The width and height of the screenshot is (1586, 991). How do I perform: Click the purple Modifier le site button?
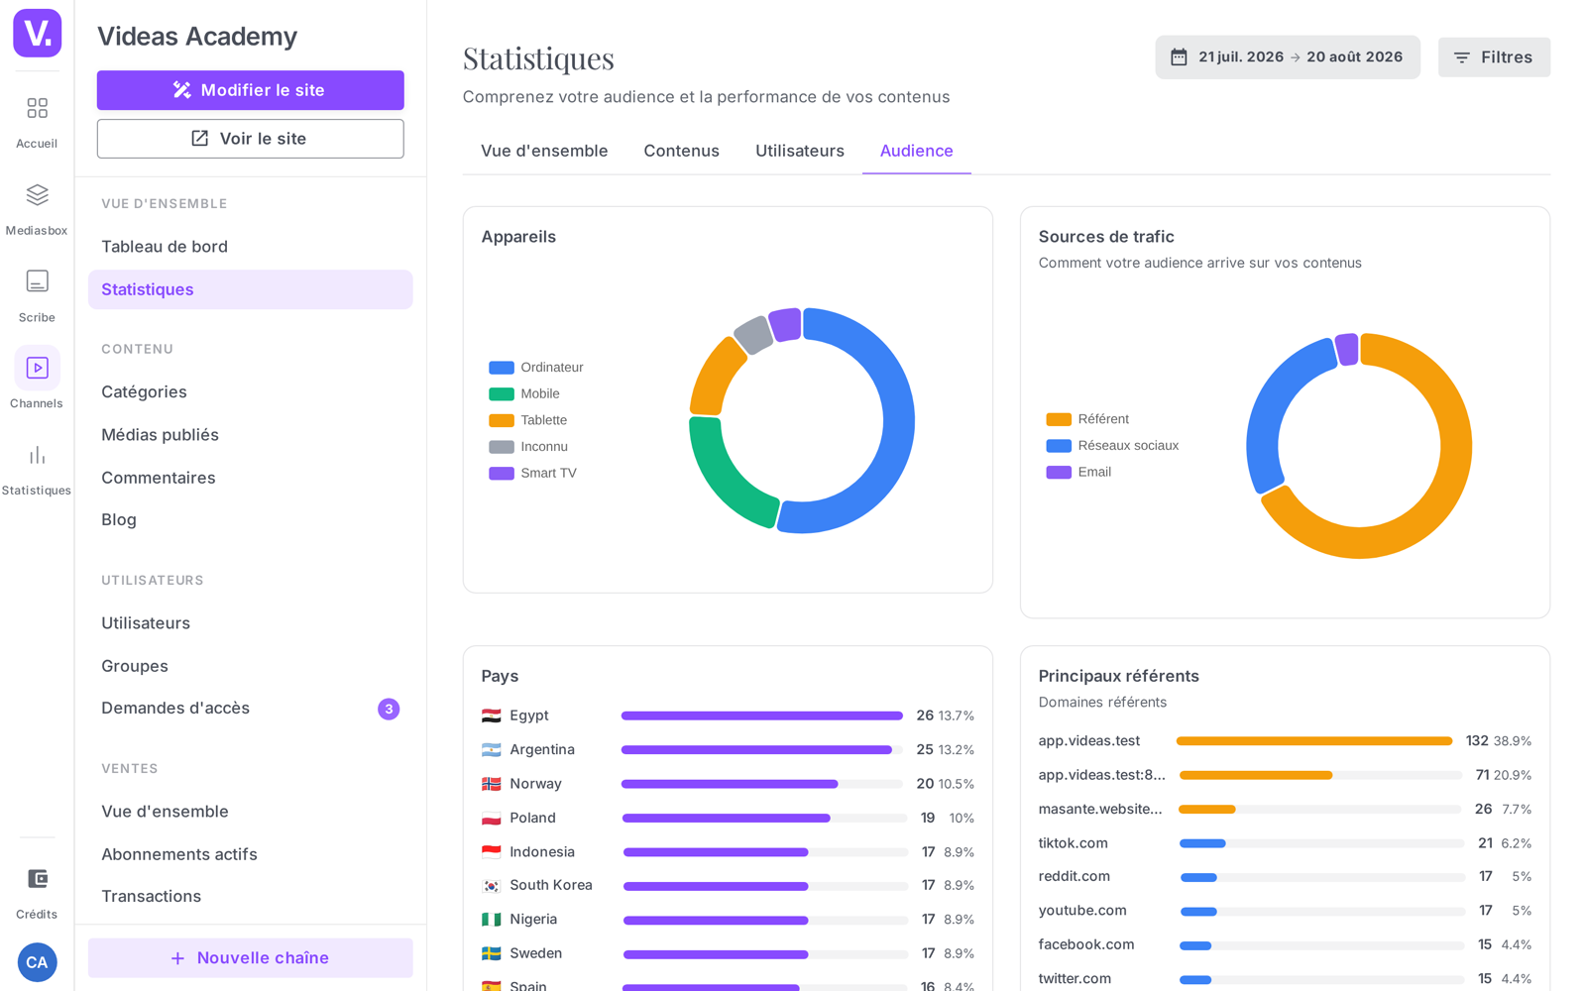point(250,90)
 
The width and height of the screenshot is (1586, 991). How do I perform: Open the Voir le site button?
point(250,138)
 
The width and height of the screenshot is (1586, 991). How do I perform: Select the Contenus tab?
point(681,151)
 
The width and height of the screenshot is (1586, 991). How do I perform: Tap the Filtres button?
point(1494,57)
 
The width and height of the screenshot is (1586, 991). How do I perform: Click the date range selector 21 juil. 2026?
point(1288,57)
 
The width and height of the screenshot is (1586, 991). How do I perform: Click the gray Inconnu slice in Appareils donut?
point(752,334)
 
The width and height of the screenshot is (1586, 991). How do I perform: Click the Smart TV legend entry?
point(532,473)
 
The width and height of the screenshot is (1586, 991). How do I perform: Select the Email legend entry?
point(1078,472)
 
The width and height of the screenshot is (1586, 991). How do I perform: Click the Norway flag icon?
point(492,784)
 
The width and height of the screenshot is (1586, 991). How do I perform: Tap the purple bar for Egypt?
point(762,716)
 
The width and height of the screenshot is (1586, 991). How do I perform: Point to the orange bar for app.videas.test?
point(1314,741)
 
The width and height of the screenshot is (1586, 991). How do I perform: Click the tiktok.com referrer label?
point(1073,843)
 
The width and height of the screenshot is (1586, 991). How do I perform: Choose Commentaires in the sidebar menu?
point(158,478)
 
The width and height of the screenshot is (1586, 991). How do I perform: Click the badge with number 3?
point(389,709)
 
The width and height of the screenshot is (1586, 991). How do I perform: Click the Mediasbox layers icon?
point(37,194)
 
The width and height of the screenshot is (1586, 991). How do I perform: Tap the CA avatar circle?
point(37,962)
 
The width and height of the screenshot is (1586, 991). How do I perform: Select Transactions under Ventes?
point(151,896)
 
